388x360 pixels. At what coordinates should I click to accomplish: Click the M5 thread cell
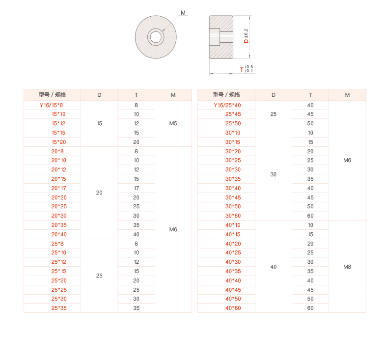tap(173, 124)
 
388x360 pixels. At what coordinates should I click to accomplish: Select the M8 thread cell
tap(347, 267)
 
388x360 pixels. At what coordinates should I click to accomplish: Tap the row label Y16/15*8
tap(52, 105)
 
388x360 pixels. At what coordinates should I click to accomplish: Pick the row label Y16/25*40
tap(227, 105)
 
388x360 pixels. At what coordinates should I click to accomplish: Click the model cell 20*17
tap(58, 188)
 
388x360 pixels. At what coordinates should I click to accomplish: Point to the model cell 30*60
tap(233, 216)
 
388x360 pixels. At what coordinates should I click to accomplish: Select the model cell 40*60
tap(233, 308)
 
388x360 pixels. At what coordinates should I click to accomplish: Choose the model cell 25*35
tap(58, 308)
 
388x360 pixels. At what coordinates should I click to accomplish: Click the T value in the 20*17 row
tap(136, 188)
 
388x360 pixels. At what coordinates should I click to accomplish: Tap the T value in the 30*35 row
tap(310, 179)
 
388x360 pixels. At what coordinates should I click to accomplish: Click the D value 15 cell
tap(99, 124)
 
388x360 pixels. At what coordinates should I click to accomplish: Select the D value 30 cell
tap(274, 174)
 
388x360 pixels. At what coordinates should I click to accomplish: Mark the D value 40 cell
tap(274, 267)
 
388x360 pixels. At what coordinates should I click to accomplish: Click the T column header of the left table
tap(136, 95)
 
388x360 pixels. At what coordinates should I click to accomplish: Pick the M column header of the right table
tap(347, 95)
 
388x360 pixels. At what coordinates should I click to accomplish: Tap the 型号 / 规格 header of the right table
tap(226, 95)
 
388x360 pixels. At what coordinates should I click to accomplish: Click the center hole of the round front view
tap(156, 36)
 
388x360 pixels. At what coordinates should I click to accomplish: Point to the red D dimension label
tap(247, 40)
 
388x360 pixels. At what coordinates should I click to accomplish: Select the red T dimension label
tap(242, 69)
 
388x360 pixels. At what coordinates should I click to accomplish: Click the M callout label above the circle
tap(183, 13)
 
